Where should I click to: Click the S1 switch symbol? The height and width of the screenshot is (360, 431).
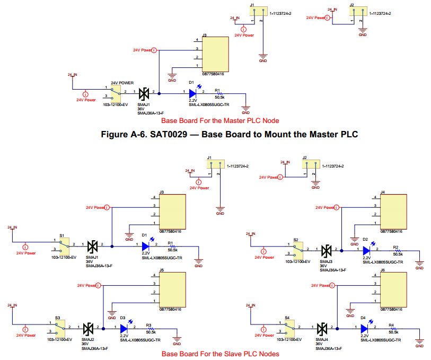pyautogui.click(x=64, y=245)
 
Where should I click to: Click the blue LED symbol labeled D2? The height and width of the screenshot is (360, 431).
pyautogui.click(x=366, y=251)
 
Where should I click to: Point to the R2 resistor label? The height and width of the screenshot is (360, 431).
pyautogui.click(x=395, y=247)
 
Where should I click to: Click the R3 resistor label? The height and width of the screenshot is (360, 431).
pyautogui.click(x=149, y=324)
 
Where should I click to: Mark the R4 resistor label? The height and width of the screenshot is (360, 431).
pyautogui.click(x=391, y=324)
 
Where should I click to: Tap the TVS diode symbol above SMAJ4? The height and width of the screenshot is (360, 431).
pyautogui.click(x=322, y=329)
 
